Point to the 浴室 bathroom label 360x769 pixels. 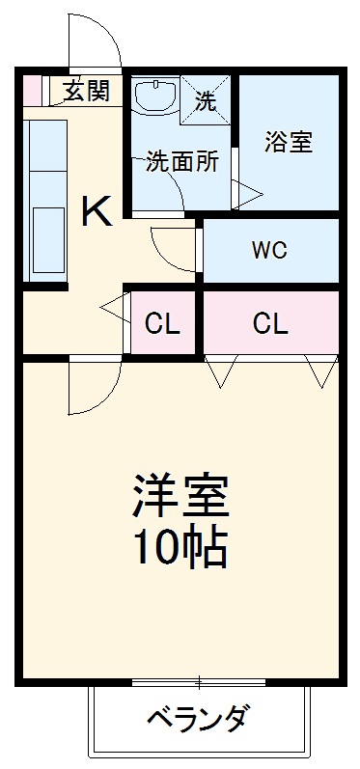click(x=289, y=142)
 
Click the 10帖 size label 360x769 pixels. click(x=180, y=548)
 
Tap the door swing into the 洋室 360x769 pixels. click(x=95, y=386)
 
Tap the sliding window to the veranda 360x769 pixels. click(x=199, y=684)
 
